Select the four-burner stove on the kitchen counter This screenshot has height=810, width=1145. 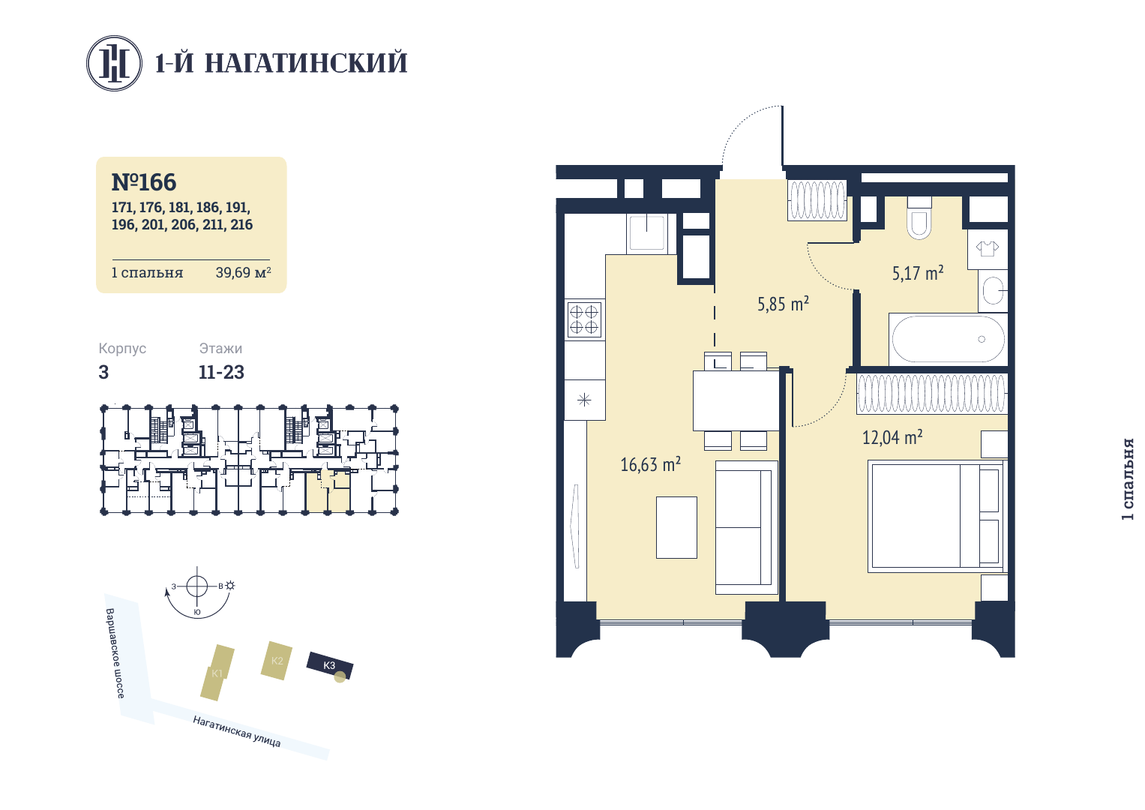[583, 319]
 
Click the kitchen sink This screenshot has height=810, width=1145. [646, 232]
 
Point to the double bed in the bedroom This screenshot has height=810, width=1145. [937, 516]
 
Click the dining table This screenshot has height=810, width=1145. [736, 401]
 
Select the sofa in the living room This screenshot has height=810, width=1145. [746, 527]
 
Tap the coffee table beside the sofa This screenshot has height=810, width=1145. [676, 527]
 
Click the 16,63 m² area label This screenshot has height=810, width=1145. [650, 464]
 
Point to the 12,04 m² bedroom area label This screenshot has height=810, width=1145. [892, 437]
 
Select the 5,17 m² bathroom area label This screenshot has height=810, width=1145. [918, 273]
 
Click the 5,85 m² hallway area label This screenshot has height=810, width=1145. [783, 304]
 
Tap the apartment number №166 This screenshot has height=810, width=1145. [144, 182]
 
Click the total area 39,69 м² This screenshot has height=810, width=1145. [243, 272]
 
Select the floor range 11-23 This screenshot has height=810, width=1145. [221, 372]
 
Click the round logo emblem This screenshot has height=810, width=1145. [114, 64]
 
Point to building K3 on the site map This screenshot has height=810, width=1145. [330, 666]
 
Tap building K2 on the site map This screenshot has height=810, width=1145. [277, 661]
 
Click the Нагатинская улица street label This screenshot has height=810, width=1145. [237, 731]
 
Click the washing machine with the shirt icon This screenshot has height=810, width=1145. [987, 249]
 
